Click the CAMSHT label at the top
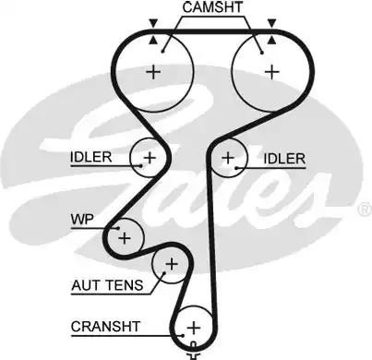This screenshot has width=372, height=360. tap(214, 8)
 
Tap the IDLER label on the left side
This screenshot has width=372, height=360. tap(90, 158)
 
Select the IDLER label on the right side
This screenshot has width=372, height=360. tap(283, 159)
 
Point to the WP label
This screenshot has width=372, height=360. tap(82, 220)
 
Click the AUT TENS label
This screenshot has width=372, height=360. tap(107, 285)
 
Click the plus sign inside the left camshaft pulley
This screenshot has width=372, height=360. tap(153, 72)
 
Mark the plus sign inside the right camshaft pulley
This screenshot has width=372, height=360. tap(270, 70)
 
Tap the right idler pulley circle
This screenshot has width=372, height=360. tap(227, 159)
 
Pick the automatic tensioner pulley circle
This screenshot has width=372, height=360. tap(170, 266)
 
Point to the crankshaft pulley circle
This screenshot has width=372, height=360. tap(194, 326)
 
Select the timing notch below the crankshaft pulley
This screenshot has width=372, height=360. tap(194, 352)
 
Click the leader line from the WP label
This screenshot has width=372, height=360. tap(105, 224)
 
